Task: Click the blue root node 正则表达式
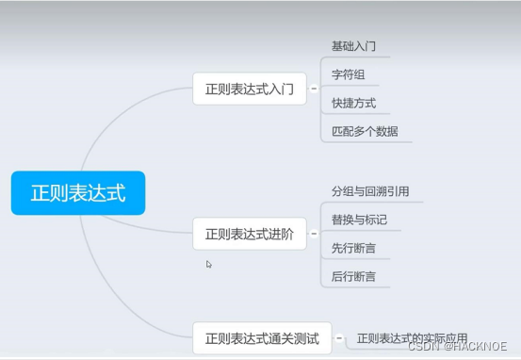tap(78, 192)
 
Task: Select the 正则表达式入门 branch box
tap(250, 90)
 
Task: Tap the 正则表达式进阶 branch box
tap(250, 234)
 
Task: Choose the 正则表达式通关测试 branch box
tap(262, 337)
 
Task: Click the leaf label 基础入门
tap(354, 46)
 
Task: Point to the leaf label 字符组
tap(348, 74)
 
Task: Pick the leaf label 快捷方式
tap(354, 103)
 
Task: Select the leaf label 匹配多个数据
tap(365, 131)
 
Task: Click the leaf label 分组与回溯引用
tap(370, 191)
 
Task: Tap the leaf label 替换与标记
tap(359, 220)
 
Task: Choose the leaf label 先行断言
tap(354, 248)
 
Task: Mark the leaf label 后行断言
tap(354, 276)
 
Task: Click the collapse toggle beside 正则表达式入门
tap(314, 90)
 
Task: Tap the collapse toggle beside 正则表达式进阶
tap(314, 234)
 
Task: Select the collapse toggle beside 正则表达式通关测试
tap(339, 337)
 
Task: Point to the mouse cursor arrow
tap(209, 264)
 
